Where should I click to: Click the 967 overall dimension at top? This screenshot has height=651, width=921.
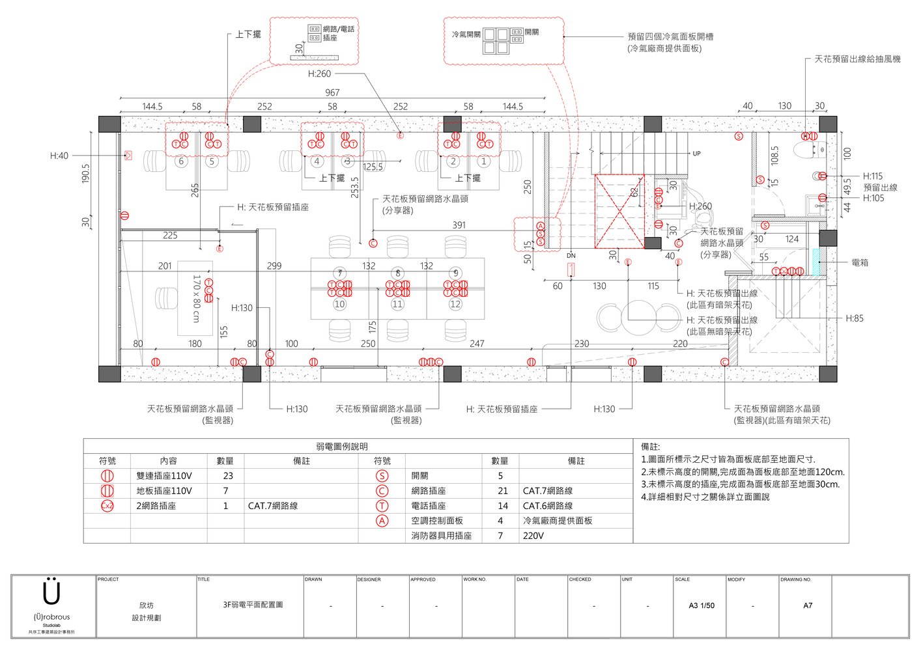(x=332, y=93)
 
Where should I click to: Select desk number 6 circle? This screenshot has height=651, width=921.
(x=181, y=161)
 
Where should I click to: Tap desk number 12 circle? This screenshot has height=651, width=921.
(x=455, y=304)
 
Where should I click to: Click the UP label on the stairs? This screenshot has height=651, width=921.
(x=696, y=154)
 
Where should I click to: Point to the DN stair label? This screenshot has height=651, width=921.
(x=571, y=256)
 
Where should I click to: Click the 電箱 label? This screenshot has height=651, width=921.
(x=860, y=263)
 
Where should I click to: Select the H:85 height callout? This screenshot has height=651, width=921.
(x=855, y=318)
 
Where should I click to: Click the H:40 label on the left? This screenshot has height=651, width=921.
(x=59, y=156)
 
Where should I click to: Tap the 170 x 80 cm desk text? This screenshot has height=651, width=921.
(x=196, y=298)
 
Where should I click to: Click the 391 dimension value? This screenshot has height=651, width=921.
(x=459, y=225)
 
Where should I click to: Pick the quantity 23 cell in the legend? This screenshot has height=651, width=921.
(x=228, y=476)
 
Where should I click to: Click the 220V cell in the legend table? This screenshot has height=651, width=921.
(x=533, y=536)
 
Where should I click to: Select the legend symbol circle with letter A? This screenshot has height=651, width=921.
(x=382, y=521)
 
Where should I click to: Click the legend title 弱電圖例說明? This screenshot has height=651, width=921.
(x=341, y=447)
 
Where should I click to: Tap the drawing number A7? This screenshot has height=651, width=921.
(x=808, y=605)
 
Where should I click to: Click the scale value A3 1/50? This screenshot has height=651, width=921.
(x=701, y=605)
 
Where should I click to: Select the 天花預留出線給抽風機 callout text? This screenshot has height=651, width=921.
(x=857, y=59)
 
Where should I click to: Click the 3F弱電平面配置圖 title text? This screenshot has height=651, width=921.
(x=253, y=605)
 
